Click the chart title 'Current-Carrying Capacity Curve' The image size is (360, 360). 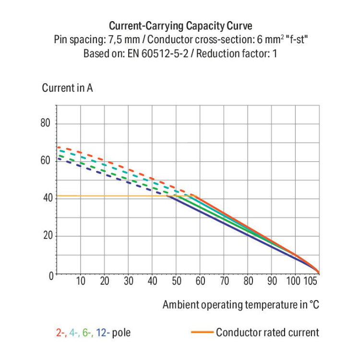[x=180, y=25]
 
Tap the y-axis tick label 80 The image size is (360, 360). [x=45, y=124]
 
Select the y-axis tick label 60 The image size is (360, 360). [x=45, y=161]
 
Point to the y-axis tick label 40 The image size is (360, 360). [x=45, y=198]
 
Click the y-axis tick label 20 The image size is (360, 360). [x=45, y=236]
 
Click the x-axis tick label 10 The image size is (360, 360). [x=81, y=281]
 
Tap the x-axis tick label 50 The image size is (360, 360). [x=176, y=281]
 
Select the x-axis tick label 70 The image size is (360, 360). [x=224, y=281]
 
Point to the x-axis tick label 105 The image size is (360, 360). [x=311, y=281]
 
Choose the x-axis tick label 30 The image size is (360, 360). [x=128, y=281]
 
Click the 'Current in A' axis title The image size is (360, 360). [x=67, y=88]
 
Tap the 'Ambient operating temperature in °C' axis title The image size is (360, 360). [x=241, y=305]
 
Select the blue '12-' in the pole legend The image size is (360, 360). [x=103, y=332]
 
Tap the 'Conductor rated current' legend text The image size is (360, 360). [x=267, y=332]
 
